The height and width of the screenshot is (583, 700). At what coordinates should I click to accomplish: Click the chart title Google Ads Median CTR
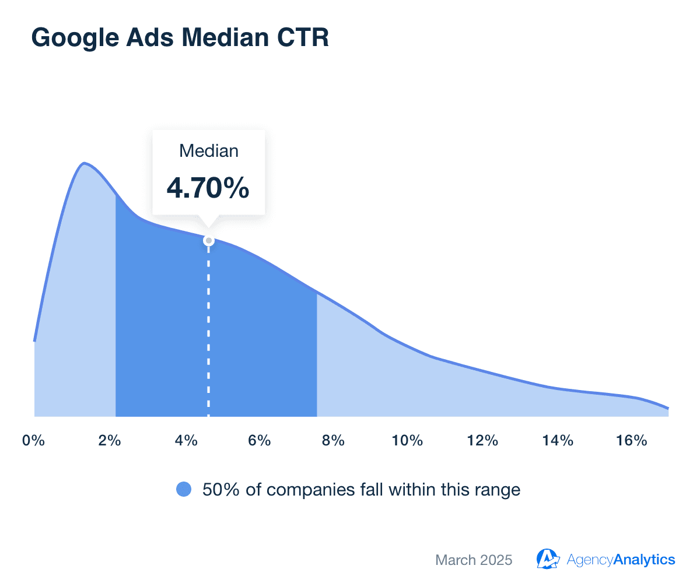pos(180,37)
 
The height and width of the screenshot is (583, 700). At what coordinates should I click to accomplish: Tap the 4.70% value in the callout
pos(208,188)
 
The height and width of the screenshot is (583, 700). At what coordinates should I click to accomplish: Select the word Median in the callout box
pos(208,151)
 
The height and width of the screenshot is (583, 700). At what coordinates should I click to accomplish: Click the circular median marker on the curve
pos(208,240)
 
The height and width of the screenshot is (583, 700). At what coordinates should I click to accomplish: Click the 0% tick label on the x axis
pos(34,441)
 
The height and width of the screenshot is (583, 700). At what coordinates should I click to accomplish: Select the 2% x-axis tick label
pos(110,441)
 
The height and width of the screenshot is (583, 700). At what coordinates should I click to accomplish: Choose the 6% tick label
pos(259,441)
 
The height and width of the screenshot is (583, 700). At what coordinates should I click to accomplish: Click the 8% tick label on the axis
pos(333,441)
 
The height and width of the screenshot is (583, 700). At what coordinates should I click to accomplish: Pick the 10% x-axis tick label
pos(407,441)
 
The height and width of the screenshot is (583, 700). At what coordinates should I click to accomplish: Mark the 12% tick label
pos(482,441)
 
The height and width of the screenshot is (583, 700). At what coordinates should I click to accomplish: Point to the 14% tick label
pos(558,441)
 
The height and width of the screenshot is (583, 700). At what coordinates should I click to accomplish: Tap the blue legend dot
pos(184,490)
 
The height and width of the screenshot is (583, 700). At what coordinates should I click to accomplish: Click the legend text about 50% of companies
pos(361,490)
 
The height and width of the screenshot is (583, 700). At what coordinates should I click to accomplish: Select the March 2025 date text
pos(474,560)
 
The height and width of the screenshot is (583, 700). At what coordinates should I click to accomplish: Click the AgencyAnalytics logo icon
pos(548,559)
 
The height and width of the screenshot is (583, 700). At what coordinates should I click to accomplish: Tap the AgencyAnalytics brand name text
pos(621,560)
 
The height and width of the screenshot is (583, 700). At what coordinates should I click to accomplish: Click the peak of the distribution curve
pos(85,164)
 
